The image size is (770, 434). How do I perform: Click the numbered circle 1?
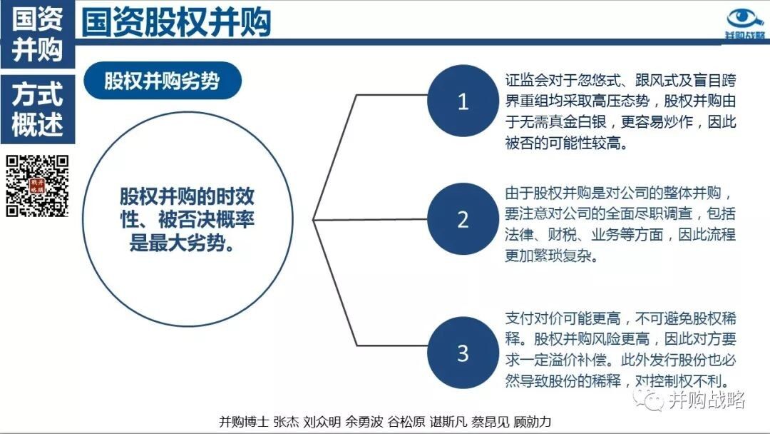[463, 101]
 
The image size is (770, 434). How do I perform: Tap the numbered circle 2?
[463, 219]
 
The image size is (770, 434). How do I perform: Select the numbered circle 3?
[463, 353]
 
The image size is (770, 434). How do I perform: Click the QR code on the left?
[37, 186]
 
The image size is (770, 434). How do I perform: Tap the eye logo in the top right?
[745, 20]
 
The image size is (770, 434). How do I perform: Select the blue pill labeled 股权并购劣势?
[163, 81]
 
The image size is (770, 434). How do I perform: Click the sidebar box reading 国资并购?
[37, 34]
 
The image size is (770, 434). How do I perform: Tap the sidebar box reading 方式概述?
[37, 109]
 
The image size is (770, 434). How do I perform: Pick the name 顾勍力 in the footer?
[533, 422]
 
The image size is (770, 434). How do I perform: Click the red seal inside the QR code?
[37, 186]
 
